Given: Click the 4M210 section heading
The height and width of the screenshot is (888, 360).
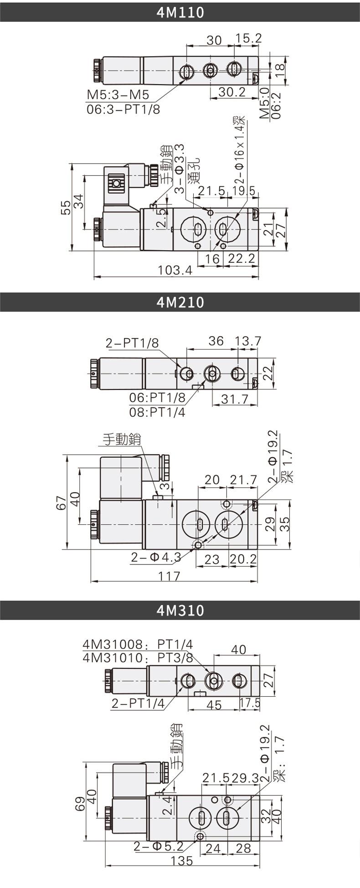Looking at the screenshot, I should click(180, 302).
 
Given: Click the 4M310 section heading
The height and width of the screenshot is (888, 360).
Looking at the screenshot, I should click(180, 610).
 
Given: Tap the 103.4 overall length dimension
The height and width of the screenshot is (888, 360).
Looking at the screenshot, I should click(175, 271).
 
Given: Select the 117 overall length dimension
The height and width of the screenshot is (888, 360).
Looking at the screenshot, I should click(169, 576).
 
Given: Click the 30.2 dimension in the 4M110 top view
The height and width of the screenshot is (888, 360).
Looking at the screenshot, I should click(232, 92).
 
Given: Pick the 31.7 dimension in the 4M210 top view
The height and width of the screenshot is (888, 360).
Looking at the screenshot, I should click(235, 399).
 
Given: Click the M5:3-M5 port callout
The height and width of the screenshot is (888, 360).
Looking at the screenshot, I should click(118, 95).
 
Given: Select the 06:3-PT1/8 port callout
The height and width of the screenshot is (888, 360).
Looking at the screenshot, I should click(123, 109).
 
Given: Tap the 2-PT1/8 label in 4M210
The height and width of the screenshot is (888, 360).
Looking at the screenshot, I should click(132, 343).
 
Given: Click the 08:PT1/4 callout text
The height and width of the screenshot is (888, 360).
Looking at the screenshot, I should click(157, 412).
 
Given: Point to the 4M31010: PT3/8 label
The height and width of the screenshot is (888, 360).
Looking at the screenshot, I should click(138, 658).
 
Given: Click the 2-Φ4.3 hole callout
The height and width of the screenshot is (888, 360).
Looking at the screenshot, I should click(156, 557).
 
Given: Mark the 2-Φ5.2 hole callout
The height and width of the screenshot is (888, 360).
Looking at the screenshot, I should click(158, 847).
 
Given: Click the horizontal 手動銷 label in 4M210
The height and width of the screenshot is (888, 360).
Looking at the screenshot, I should click(122, 439).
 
